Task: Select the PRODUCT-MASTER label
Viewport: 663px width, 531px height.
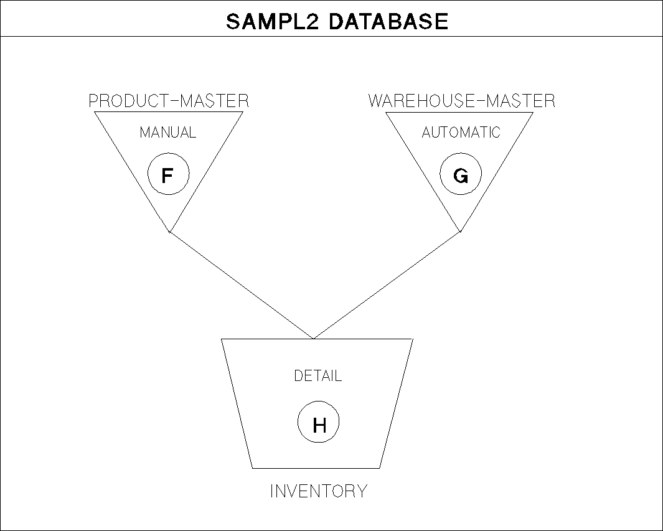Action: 169,101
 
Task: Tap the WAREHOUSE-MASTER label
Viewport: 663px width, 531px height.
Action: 461,101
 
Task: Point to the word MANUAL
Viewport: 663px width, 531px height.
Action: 168,133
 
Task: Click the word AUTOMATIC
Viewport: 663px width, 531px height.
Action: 461,133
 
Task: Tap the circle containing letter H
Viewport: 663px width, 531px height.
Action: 319,423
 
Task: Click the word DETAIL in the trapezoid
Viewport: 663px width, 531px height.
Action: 318,376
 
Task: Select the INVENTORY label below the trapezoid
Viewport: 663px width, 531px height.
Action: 319,491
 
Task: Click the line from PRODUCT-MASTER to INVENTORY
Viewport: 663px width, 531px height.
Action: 241,285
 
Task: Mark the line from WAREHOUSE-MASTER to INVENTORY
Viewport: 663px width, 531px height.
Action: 387,285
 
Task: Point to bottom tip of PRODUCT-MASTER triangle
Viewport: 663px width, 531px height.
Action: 169,232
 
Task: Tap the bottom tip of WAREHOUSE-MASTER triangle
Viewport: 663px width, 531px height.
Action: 461,232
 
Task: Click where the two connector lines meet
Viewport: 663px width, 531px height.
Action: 313,339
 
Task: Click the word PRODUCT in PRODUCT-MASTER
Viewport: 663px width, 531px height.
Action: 125,101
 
